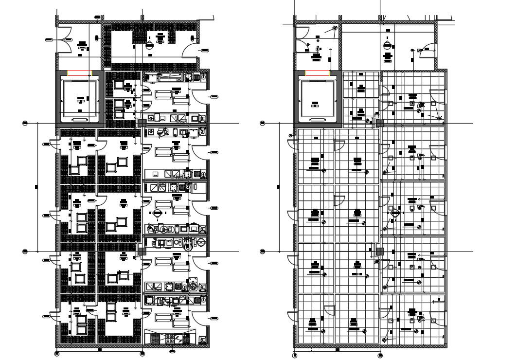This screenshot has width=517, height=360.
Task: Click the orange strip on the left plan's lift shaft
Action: click(79, 73)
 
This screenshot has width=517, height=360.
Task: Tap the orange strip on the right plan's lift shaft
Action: click(318, 73)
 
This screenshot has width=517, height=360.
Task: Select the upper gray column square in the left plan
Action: click(142, 123)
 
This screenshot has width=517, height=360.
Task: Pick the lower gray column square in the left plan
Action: click(142, 251)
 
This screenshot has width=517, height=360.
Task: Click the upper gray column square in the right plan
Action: click(380, 123)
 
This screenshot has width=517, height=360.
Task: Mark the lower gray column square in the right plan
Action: click(380, 251)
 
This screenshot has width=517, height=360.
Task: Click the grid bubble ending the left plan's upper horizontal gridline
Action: click(25, 123)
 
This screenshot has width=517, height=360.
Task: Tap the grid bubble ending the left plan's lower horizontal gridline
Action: click(25, 251)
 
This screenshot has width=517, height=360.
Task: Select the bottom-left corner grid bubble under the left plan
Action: click(57, 354)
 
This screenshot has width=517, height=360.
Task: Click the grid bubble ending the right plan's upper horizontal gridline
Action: click(263, 123)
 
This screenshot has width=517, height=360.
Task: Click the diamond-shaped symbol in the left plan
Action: click(157, 214)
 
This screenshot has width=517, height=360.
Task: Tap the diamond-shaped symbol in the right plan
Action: click(394, 214)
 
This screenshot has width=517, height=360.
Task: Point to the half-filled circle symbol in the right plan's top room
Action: click(388, 45)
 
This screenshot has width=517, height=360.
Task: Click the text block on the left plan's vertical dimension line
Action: click(37, 186)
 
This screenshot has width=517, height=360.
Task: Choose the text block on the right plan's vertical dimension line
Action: click(278, 186)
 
